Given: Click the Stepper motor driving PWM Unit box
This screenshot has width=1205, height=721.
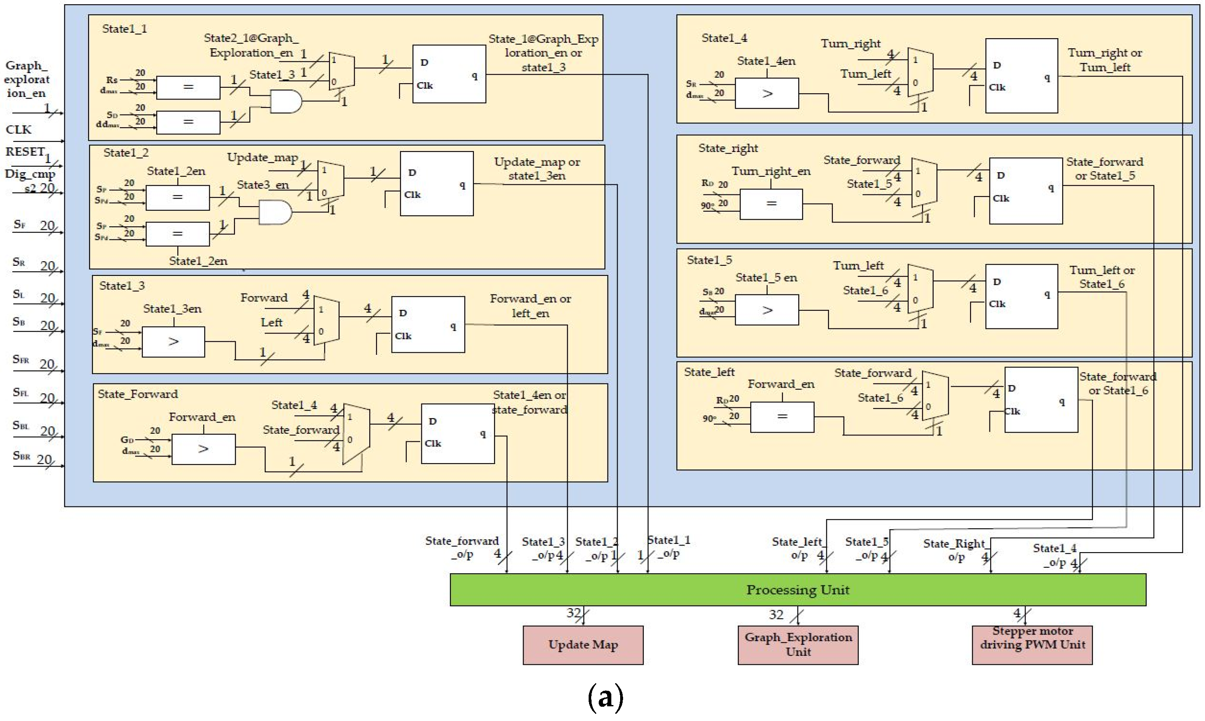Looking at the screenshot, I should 1031,645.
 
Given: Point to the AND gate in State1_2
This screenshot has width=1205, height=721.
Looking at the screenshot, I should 275,212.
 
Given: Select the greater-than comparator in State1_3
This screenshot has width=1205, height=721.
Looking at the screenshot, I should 173,341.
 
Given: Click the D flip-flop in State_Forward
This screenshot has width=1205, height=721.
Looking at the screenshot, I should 457,433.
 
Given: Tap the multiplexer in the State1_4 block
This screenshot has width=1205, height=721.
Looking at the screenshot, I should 920,72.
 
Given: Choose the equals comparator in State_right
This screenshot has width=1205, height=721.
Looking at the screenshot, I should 771,204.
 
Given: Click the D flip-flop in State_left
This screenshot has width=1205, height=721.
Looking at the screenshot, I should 1040,399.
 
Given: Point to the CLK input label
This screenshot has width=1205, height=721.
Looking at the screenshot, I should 18,130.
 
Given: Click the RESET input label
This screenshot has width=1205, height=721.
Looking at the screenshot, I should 25,152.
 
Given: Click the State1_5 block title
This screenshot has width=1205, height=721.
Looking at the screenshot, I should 709,260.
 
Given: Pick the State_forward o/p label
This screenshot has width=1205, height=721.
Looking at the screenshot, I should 462,548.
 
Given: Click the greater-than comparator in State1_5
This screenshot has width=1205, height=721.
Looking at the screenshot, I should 766,310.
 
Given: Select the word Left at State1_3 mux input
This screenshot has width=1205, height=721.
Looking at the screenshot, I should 271,322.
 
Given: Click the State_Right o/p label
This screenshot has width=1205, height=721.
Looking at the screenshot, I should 954,550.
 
